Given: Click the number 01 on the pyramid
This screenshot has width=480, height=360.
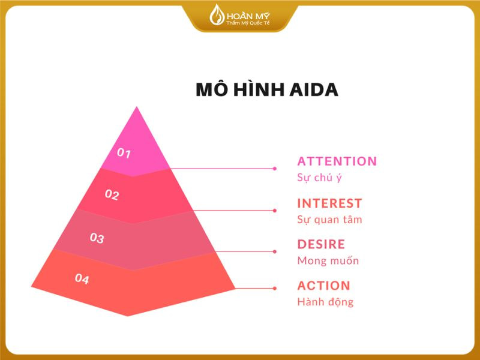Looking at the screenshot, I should (124, 153).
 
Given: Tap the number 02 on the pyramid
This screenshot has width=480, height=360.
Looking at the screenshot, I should (112, 195).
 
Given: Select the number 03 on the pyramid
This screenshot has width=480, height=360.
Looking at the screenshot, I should (97, 238).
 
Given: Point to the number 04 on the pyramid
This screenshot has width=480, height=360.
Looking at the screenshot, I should (82, 279).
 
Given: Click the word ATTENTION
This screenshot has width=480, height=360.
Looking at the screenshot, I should (337, 161).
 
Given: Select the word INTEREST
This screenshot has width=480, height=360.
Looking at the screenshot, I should (329, 203).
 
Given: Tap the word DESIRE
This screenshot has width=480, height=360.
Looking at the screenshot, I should (321, 244).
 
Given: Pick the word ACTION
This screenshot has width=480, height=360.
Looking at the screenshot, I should (323, 286).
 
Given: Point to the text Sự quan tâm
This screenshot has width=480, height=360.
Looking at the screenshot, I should (329, 220).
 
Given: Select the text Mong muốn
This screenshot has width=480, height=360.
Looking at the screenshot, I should (328, 261).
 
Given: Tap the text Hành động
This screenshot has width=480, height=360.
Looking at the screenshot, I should (325, 302).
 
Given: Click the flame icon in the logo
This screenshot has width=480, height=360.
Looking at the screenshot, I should (215, 14).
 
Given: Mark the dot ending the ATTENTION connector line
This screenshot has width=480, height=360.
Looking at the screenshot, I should (275, 169).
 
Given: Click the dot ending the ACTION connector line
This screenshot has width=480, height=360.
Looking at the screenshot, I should (275, 289).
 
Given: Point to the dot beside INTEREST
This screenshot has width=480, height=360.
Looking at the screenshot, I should (275, 211).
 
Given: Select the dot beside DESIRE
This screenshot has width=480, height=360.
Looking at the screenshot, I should (275, 251).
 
